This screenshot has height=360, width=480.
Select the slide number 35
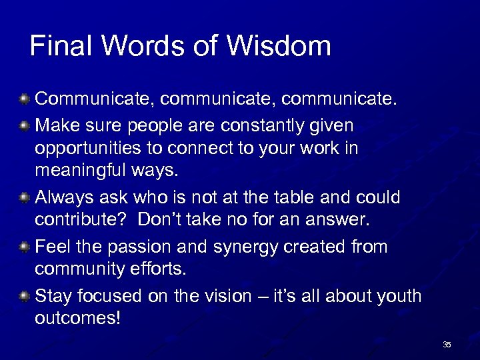pos(447,345)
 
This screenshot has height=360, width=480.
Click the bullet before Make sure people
pos(24,125)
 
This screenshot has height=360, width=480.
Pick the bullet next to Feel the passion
pos(24,247)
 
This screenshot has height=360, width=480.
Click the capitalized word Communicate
pos(95,100)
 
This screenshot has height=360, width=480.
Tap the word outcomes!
pos(77,318)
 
